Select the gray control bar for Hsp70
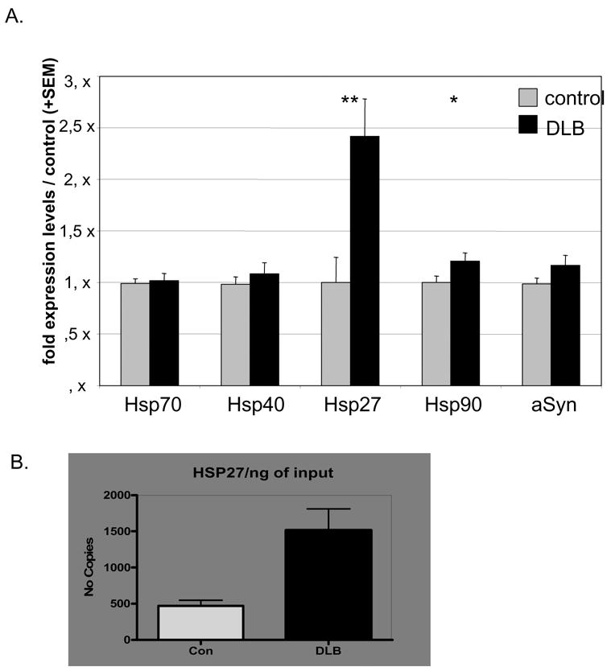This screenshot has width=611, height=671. (x=135, y=334)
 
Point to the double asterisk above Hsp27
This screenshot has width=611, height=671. (x=349, y=101)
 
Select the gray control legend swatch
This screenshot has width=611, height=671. (x=529, y=98)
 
